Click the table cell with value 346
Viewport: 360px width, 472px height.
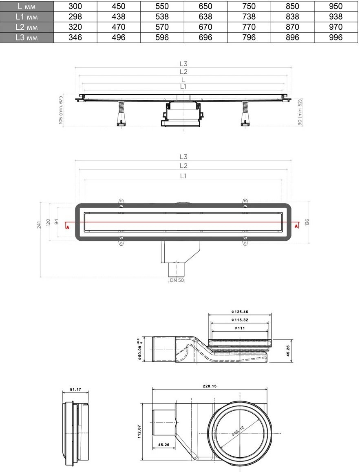point(75,37)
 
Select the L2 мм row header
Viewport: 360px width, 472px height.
point(27,27)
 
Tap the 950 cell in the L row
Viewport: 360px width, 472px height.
point(336,6)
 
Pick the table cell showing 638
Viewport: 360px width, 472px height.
point(206,17)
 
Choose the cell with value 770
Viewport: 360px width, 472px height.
point(249,27)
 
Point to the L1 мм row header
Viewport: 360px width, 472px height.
point(27,17)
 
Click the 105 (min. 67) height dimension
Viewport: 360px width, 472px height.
point(61,110)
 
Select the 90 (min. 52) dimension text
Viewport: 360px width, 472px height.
point(300,113)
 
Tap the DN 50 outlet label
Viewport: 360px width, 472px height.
point(177,280)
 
